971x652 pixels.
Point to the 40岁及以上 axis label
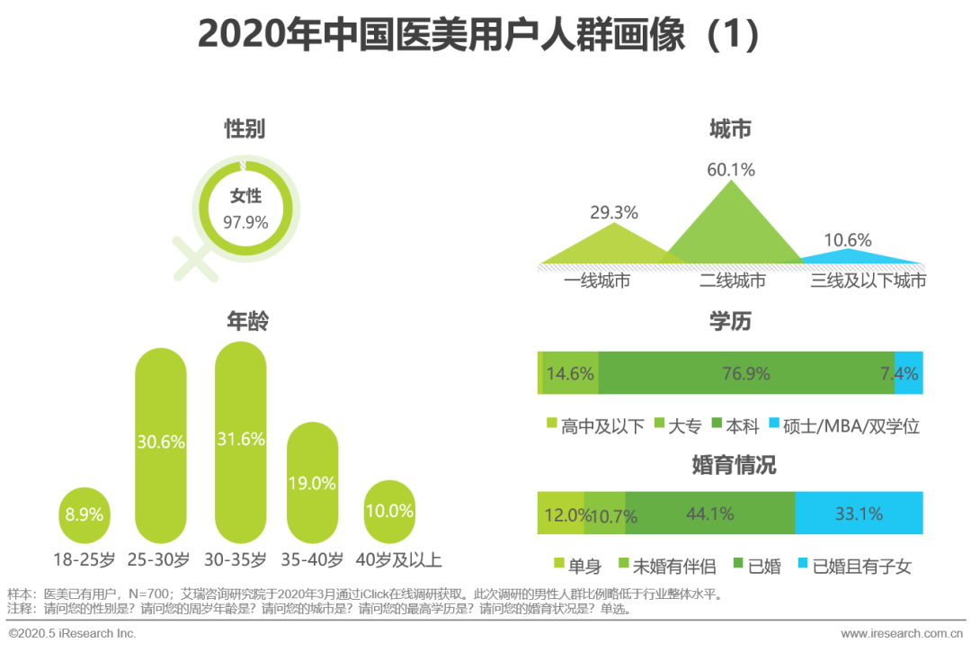(x=398, y=560)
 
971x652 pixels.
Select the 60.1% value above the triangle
(x=730, y=170)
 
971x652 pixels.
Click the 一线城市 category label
(x=597, y=281)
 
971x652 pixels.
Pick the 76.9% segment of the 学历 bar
(x=746, y=373)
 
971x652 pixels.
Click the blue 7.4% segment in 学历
(x=909, y=373)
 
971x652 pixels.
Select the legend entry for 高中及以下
(x=594, y=426)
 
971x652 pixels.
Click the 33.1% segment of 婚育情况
(x=859, y=514)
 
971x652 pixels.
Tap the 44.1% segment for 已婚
(x=710, y=514)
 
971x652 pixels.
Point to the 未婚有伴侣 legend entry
(x=666, y=566)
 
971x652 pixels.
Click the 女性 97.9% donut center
(x=245, y=210)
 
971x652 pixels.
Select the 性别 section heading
(x=245, y=130)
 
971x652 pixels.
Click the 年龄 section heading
(x=246, y=322)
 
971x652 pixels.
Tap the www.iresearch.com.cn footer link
(x=900, y=634)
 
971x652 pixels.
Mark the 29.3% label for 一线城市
(x=614, y=213)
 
